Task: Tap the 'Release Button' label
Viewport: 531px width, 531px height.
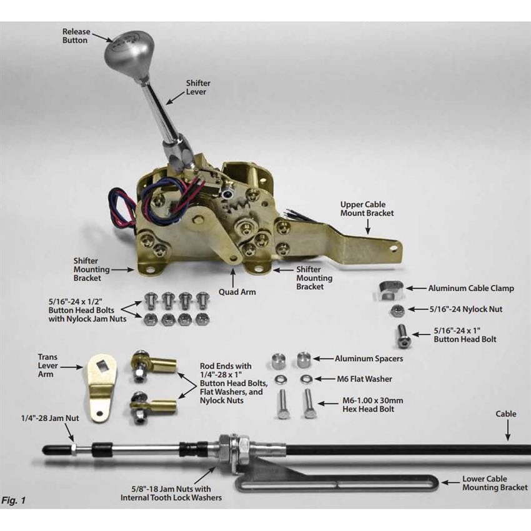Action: pyautogui.click(x=75, y=35)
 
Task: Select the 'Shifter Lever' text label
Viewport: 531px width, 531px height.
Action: pyautogui.click(x=198, y=87)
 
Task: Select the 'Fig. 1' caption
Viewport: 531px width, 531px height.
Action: pyautogui.click(x=13, y=500)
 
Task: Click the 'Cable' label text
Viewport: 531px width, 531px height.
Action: pyautogui.click(x=506, y=414)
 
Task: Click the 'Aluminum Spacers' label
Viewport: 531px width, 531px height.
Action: pyautogui.click(x=369, y=359)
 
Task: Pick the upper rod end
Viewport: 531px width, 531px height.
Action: pyautogui.click(x=153, y=363)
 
